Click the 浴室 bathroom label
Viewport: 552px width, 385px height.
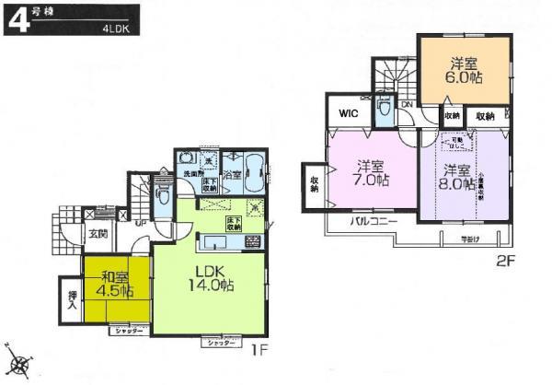(232, 173)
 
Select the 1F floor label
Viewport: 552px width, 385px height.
(261, 351)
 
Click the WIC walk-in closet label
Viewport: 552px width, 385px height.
(348, 114)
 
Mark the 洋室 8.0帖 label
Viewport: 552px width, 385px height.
(457, 177)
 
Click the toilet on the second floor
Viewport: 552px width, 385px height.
(384, 111)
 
